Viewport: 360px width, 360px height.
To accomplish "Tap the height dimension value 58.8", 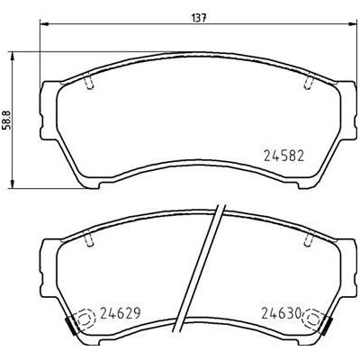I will [x=8, y=121].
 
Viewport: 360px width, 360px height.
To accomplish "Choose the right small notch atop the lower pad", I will [x=310, y=240].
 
